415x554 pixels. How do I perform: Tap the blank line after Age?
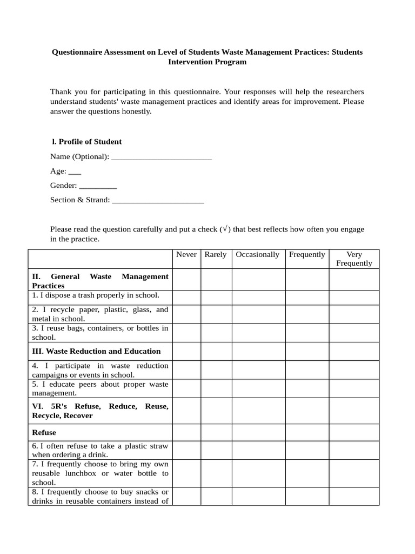75,172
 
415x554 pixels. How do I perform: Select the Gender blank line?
98,186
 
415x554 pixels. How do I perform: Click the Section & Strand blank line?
157,200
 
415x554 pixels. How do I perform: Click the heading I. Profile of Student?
86,142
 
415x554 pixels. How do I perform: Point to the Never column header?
186,255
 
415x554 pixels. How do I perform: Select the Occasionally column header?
258,255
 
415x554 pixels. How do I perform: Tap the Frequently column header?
307,255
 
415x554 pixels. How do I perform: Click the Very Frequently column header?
354,259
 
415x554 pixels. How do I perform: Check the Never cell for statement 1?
186,298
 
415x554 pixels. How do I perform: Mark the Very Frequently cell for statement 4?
354,370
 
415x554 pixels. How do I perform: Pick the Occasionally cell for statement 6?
258,450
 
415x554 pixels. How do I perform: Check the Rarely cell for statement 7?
216,473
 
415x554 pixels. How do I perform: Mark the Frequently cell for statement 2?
307,314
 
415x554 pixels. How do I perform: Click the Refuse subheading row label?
44,433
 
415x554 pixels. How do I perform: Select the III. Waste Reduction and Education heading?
96,351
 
